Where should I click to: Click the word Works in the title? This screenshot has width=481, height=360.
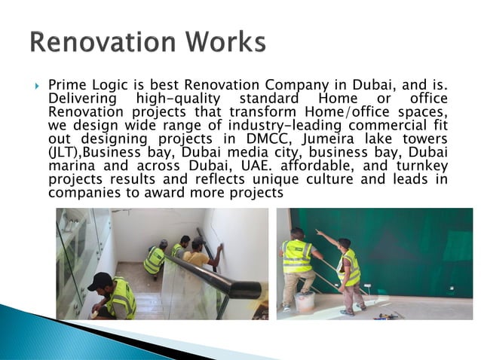point(225,42)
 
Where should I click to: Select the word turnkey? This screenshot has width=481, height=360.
point(420,166)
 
